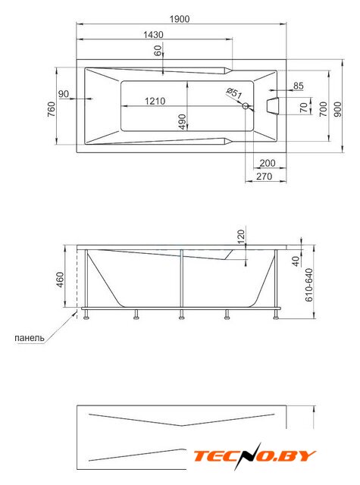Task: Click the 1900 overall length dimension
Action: coord(180,19)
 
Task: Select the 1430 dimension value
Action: coord(153,35)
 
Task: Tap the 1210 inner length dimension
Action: coord(155,101)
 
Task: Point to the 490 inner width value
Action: coord(182,121)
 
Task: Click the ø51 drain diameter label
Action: coord(234,93)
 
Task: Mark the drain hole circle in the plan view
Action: coord(246,106)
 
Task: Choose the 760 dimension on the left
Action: coord(52,109)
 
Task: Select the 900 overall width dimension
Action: coord(338,109)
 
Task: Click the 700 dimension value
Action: coord(323,109)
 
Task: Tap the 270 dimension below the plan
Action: coord(264,177)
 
